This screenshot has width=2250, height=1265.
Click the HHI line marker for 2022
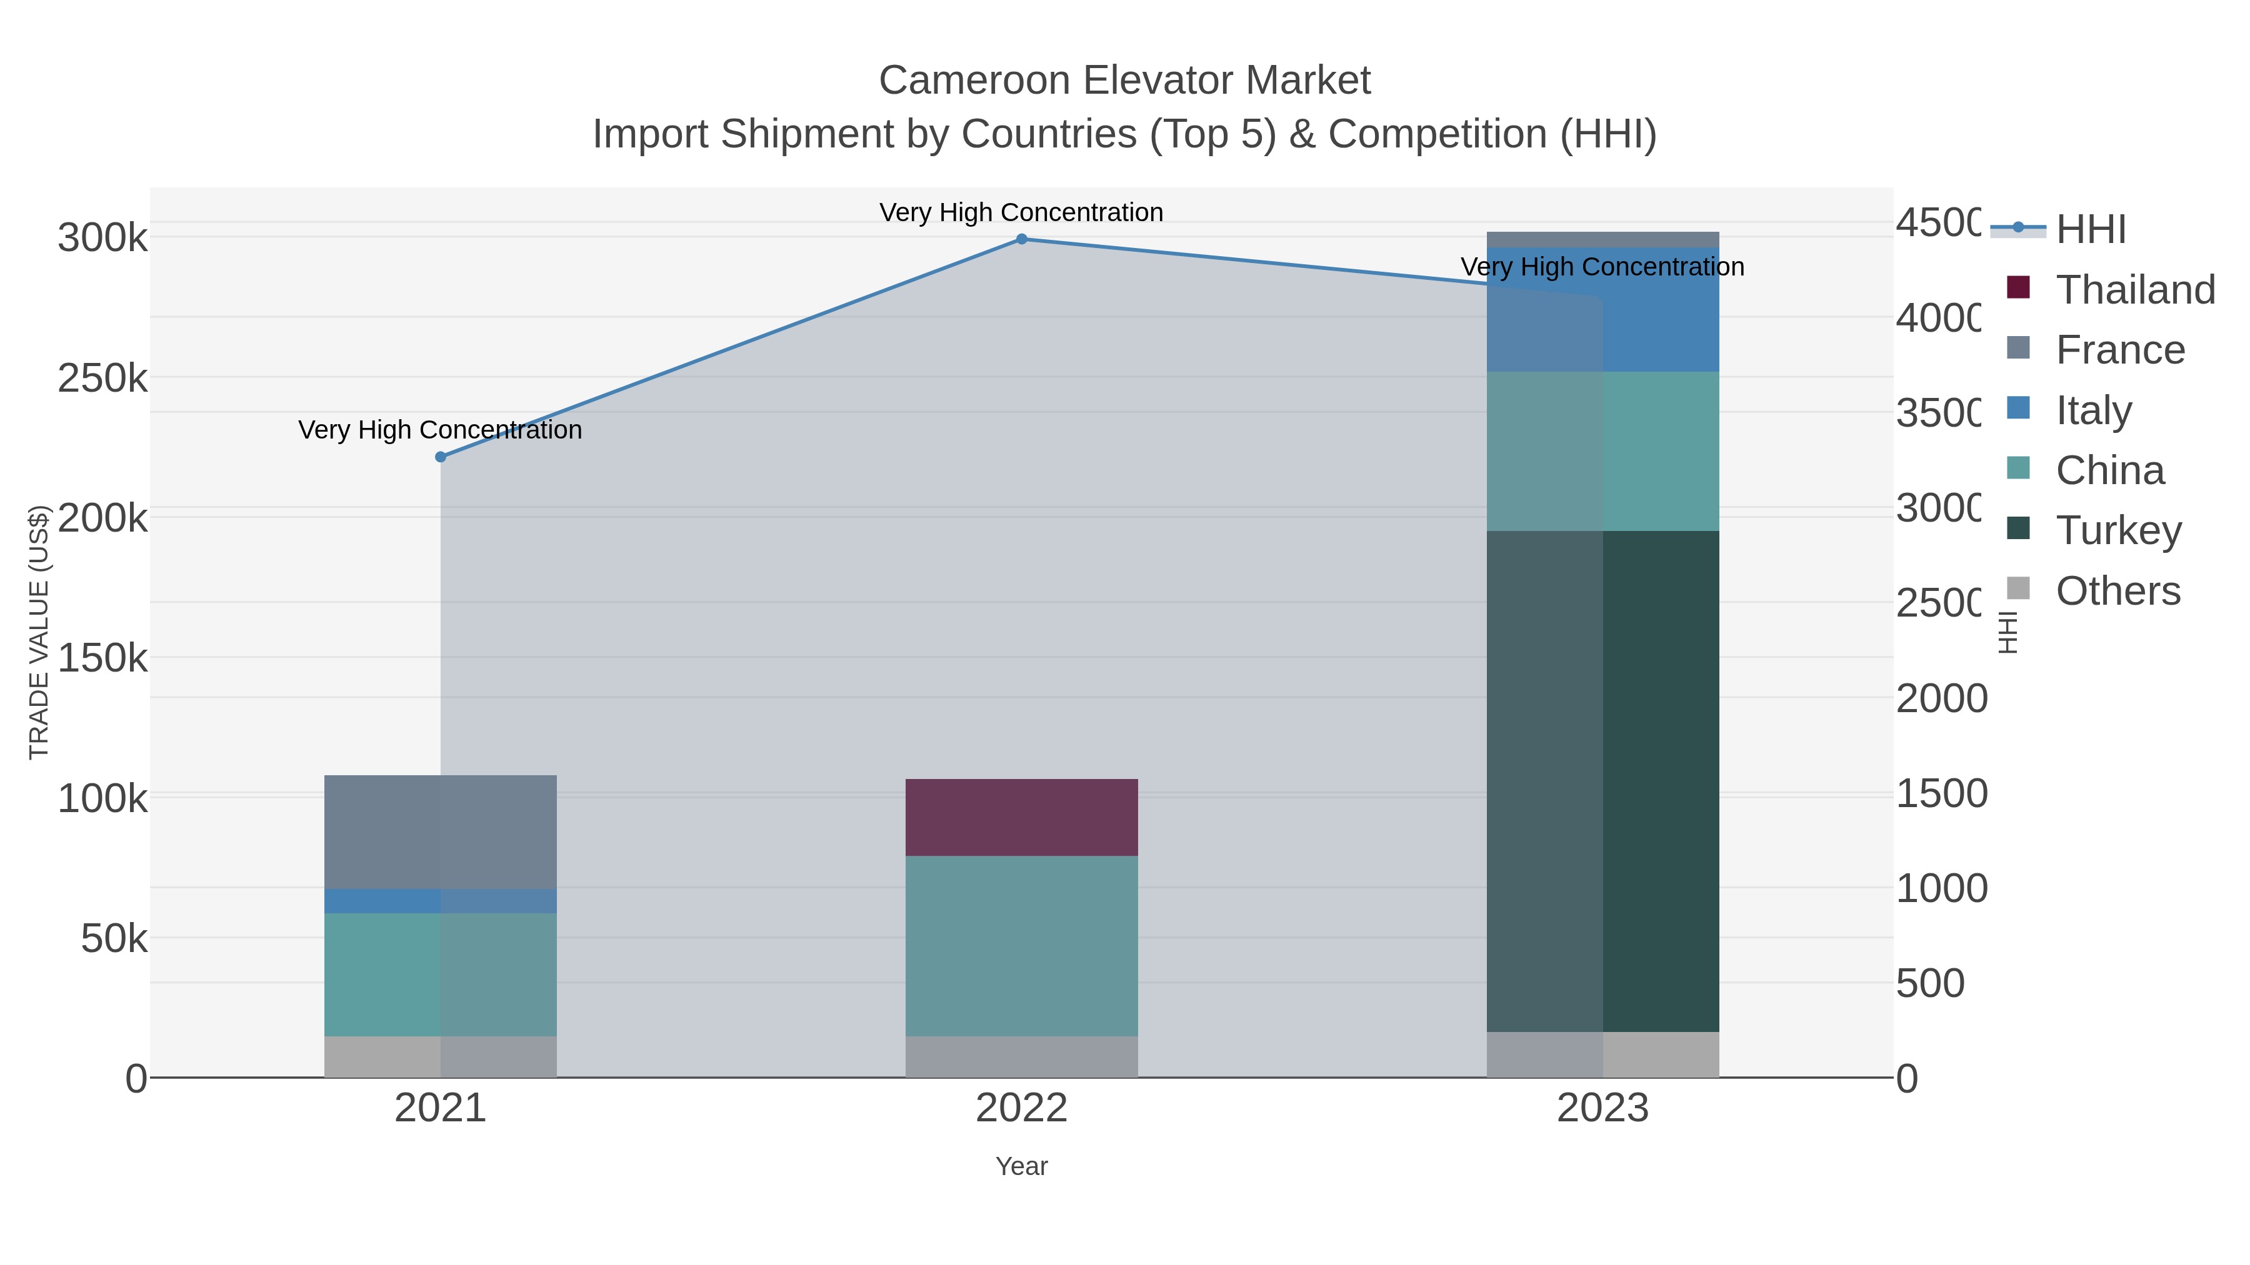(1021, 239)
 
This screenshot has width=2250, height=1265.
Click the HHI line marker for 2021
(440, 457)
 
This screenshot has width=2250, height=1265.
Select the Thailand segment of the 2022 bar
(1021, 817)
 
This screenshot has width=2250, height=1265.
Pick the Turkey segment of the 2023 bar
(1602, 781)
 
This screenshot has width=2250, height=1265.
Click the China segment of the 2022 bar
(1021, 946)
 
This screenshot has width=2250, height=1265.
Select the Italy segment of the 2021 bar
(440, 901)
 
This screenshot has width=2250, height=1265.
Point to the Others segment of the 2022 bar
(1021, 1056)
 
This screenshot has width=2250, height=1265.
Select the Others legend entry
(2117, 591)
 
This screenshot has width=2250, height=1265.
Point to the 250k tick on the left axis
(102, 379)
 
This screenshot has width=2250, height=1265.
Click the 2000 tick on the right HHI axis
(1941, 698)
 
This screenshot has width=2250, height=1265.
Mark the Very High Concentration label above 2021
(440, 430)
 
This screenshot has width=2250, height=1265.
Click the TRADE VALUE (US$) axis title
(39, 632)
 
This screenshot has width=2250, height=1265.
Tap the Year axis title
(1021, 1166)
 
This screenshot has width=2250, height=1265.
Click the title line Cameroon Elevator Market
(1124, 81)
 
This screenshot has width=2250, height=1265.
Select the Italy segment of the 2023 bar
(1602, 310)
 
